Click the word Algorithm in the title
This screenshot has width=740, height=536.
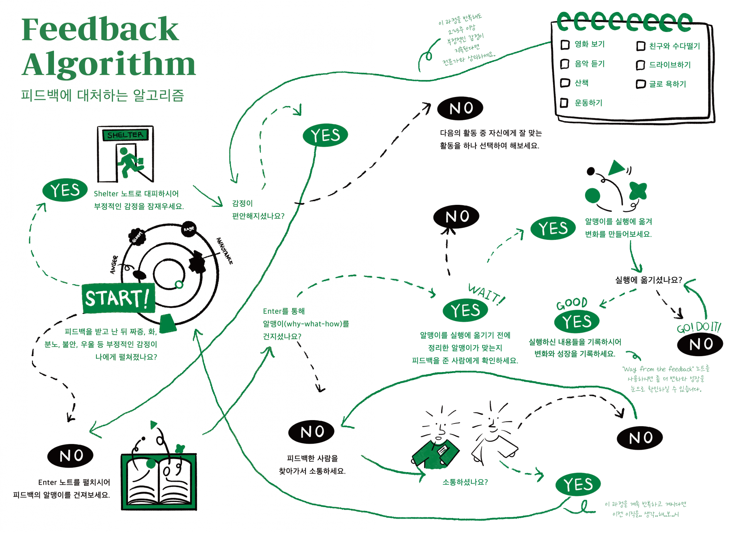click(109, 64)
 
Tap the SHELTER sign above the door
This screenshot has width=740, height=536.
click(125, 135)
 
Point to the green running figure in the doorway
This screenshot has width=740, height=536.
click(128, 162)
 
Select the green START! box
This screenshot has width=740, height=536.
click(118, 298)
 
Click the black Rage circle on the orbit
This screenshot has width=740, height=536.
click(189, 229)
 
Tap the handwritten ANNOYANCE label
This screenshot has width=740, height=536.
click(224, 251)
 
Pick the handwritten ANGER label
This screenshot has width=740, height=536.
click(114, 265)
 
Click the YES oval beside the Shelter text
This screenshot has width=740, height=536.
click(65, 190)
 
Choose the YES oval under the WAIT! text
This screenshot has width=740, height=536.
click(465, 310)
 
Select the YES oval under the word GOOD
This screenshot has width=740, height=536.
click(576, 321)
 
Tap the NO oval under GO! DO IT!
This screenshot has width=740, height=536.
click(700, 344)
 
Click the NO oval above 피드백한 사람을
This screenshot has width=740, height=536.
click(312, 432)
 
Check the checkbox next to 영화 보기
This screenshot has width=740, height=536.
click(565, 45)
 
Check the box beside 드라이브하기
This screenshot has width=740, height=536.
click(641, 65)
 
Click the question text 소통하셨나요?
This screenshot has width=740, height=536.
click(465, 482)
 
